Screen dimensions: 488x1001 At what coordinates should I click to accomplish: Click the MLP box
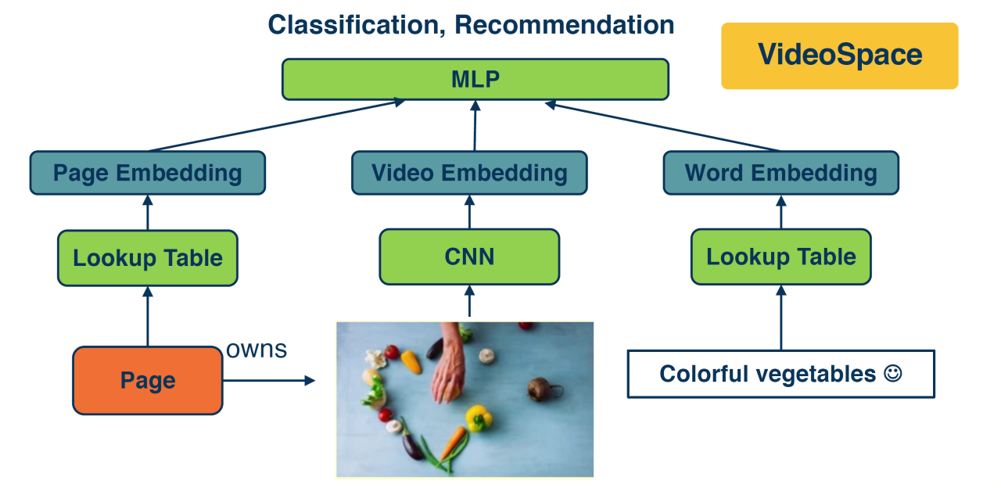coord(475,80)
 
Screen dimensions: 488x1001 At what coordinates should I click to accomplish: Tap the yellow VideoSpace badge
coord(839,56)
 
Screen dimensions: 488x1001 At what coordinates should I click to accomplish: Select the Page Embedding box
coord(147,173)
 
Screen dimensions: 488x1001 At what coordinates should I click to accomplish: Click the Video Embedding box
coord(468,173)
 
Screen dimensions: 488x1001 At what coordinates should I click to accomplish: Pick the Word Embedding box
coord(780,173)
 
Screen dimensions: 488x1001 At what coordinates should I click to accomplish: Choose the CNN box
coord(469,257)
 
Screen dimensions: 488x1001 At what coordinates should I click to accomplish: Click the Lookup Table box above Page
coord(147,258)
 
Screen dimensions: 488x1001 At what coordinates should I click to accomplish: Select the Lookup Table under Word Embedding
coord(780,257)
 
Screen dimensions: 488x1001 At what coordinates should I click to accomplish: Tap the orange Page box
coord(147,381)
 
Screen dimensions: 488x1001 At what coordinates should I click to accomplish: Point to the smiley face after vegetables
coord(892,373)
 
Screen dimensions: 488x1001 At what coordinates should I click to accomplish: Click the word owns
coord(256,349)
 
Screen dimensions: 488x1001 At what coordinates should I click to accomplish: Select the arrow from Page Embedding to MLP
coord(274,125)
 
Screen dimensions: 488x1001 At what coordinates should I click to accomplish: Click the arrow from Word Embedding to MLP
coord(665,126)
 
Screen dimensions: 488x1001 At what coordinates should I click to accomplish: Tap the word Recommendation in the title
coord(564,24)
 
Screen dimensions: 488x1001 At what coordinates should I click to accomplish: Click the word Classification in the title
coord(356,24)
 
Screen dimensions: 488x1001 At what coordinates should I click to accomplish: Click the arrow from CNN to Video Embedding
coord(469,212)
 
